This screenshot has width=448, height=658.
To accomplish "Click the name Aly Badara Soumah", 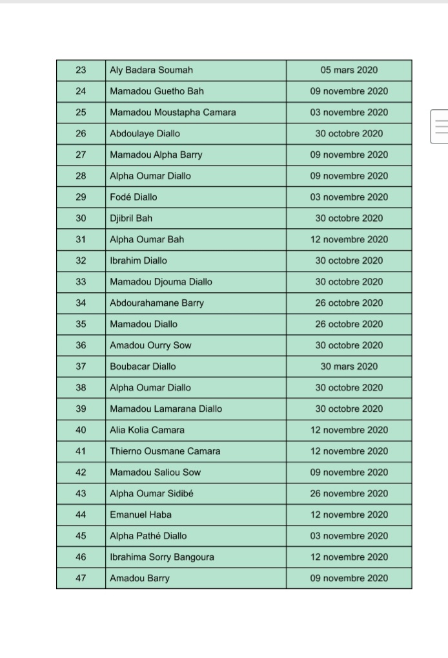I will click(151, 70).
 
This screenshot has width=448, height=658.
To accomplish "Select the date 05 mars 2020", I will click(349, 70).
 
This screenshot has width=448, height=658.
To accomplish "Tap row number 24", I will click(81, 91).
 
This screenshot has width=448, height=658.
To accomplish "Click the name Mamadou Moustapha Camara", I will click(172, 112).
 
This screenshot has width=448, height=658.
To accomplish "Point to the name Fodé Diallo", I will click(133, 197).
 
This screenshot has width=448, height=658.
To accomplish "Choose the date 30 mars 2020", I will click(349, 366).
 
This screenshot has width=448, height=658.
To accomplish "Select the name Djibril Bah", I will click(131, 218).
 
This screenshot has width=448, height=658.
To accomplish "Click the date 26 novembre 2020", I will click(349, 494).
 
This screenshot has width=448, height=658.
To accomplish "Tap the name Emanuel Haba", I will click(141, 515).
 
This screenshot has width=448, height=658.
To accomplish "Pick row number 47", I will click(81, 578).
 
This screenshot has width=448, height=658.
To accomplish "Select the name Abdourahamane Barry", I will click(157, 303).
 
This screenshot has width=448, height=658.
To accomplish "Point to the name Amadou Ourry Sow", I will click(150, 345).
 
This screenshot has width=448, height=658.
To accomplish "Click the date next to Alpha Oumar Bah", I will click(349, 239).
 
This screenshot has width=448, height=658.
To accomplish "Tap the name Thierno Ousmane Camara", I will click(165, 451).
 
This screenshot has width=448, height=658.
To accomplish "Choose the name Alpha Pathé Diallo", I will click(148, 536).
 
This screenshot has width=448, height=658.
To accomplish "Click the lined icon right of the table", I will click(441, 125).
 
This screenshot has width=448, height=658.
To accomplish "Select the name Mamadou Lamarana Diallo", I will click(166, 409).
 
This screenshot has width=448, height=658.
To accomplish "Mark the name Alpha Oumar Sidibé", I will click(152, 494).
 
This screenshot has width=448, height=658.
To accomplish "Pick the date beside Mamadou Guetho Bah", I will click(349, 91).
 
